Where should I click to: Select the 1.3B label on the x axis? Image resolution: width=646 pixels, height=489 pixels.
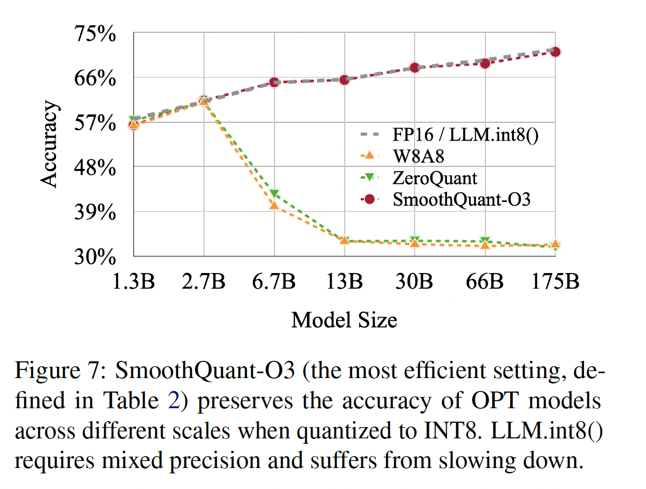[x=133, y=281]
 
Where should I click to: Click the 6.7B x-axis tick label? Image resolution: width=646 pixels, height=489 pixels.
[x=274, y=281]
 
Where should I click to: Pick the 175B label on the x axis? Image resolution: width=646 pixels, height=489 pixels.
[x=555, y=281]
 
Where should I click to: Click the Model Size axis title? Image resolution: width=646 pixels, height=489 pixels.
[x=344, y=320]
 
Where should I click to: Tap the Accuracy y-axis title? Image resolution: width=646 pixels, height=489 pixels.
[x=49, y=144]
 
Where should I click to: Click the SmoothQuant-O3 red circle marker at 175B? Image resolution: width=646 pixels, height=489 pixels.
[x=555, y=52]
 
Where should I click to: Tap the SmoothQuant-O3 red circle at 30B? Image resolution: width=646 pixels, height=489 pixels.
[x=415, y=68]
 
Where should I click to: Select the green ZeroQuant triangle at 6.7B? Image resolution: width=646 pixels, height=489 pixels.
[x=274, y=194]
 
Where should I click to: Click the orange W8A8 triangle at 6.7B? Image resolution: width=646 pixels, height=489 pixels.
[x=274, y=205]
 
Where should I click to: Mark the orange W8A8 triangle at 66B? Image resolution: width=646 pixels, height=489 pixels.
[x=485, y=245]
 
